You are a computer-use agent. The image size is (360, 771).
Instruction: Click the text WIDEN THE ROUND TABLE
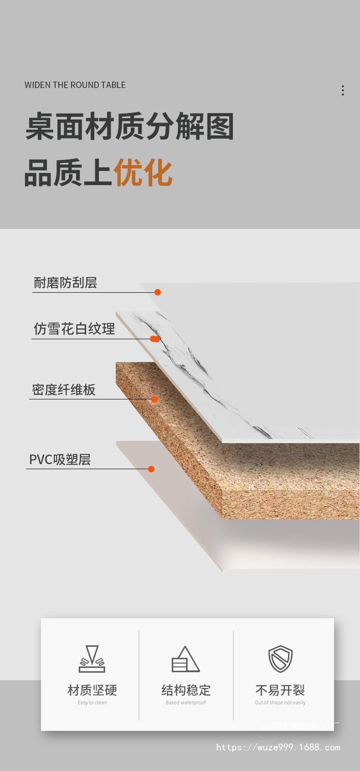click(x=75, y=85)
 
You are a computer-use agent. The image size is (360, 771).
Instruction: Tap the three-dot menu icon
click(x=343, y=90)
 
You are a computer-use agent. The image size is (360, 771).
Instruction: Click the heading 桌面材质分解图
click(x=129, y=126)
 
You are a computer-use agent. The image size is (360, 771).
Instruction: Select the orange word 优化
click(x=143, y=173)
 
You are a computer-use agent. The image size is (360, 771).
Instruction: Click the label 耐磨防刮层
click(x=65, y=283)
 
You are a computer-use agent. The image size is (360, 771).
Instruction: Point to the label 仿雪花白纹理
click(x=74, y=329)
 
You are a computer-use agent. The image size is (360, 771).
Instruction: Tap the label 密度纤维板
click(x=64, y=390)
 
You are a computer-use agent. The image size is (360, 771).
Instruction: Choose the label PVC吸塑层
click(x=60, y=459)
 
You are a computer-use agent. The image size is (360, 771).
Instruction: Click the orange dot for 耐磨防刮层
click(x=158, y=292)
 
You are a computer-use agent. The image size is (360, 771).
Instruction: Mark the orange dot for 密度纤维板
click(x=154, y=399)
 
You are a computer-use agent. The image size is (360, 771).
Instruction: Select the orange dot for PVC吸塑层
click(x=151, y=469)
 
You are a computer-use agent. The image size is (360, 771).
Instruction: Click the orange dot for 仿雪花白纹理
click(x=155, y=339)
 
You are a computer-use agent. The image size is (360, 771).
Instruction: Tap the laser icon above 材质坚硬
click(x=92, y=659)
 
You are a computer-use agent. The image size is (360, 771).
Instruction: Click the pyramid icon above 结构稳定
click(x=185, y=659)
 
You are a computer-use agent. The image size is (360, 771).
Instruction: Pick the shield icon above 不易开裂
click(x=280, y=659)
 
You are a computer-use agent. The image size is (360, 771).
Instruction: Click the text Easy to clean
click(x=92, y=703)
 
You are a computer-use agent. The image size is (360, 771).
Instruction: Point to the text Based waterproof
click(x=185, y=703)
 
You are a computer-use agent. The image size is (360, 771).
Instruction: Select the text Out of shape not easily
click(x=280, y=703)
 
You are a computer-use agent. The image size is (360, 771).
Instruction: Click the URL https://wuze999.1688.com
click(x=278, y=747)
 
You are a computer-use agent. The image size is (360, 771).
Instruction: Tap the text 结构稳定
click(x=186, y=690)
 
